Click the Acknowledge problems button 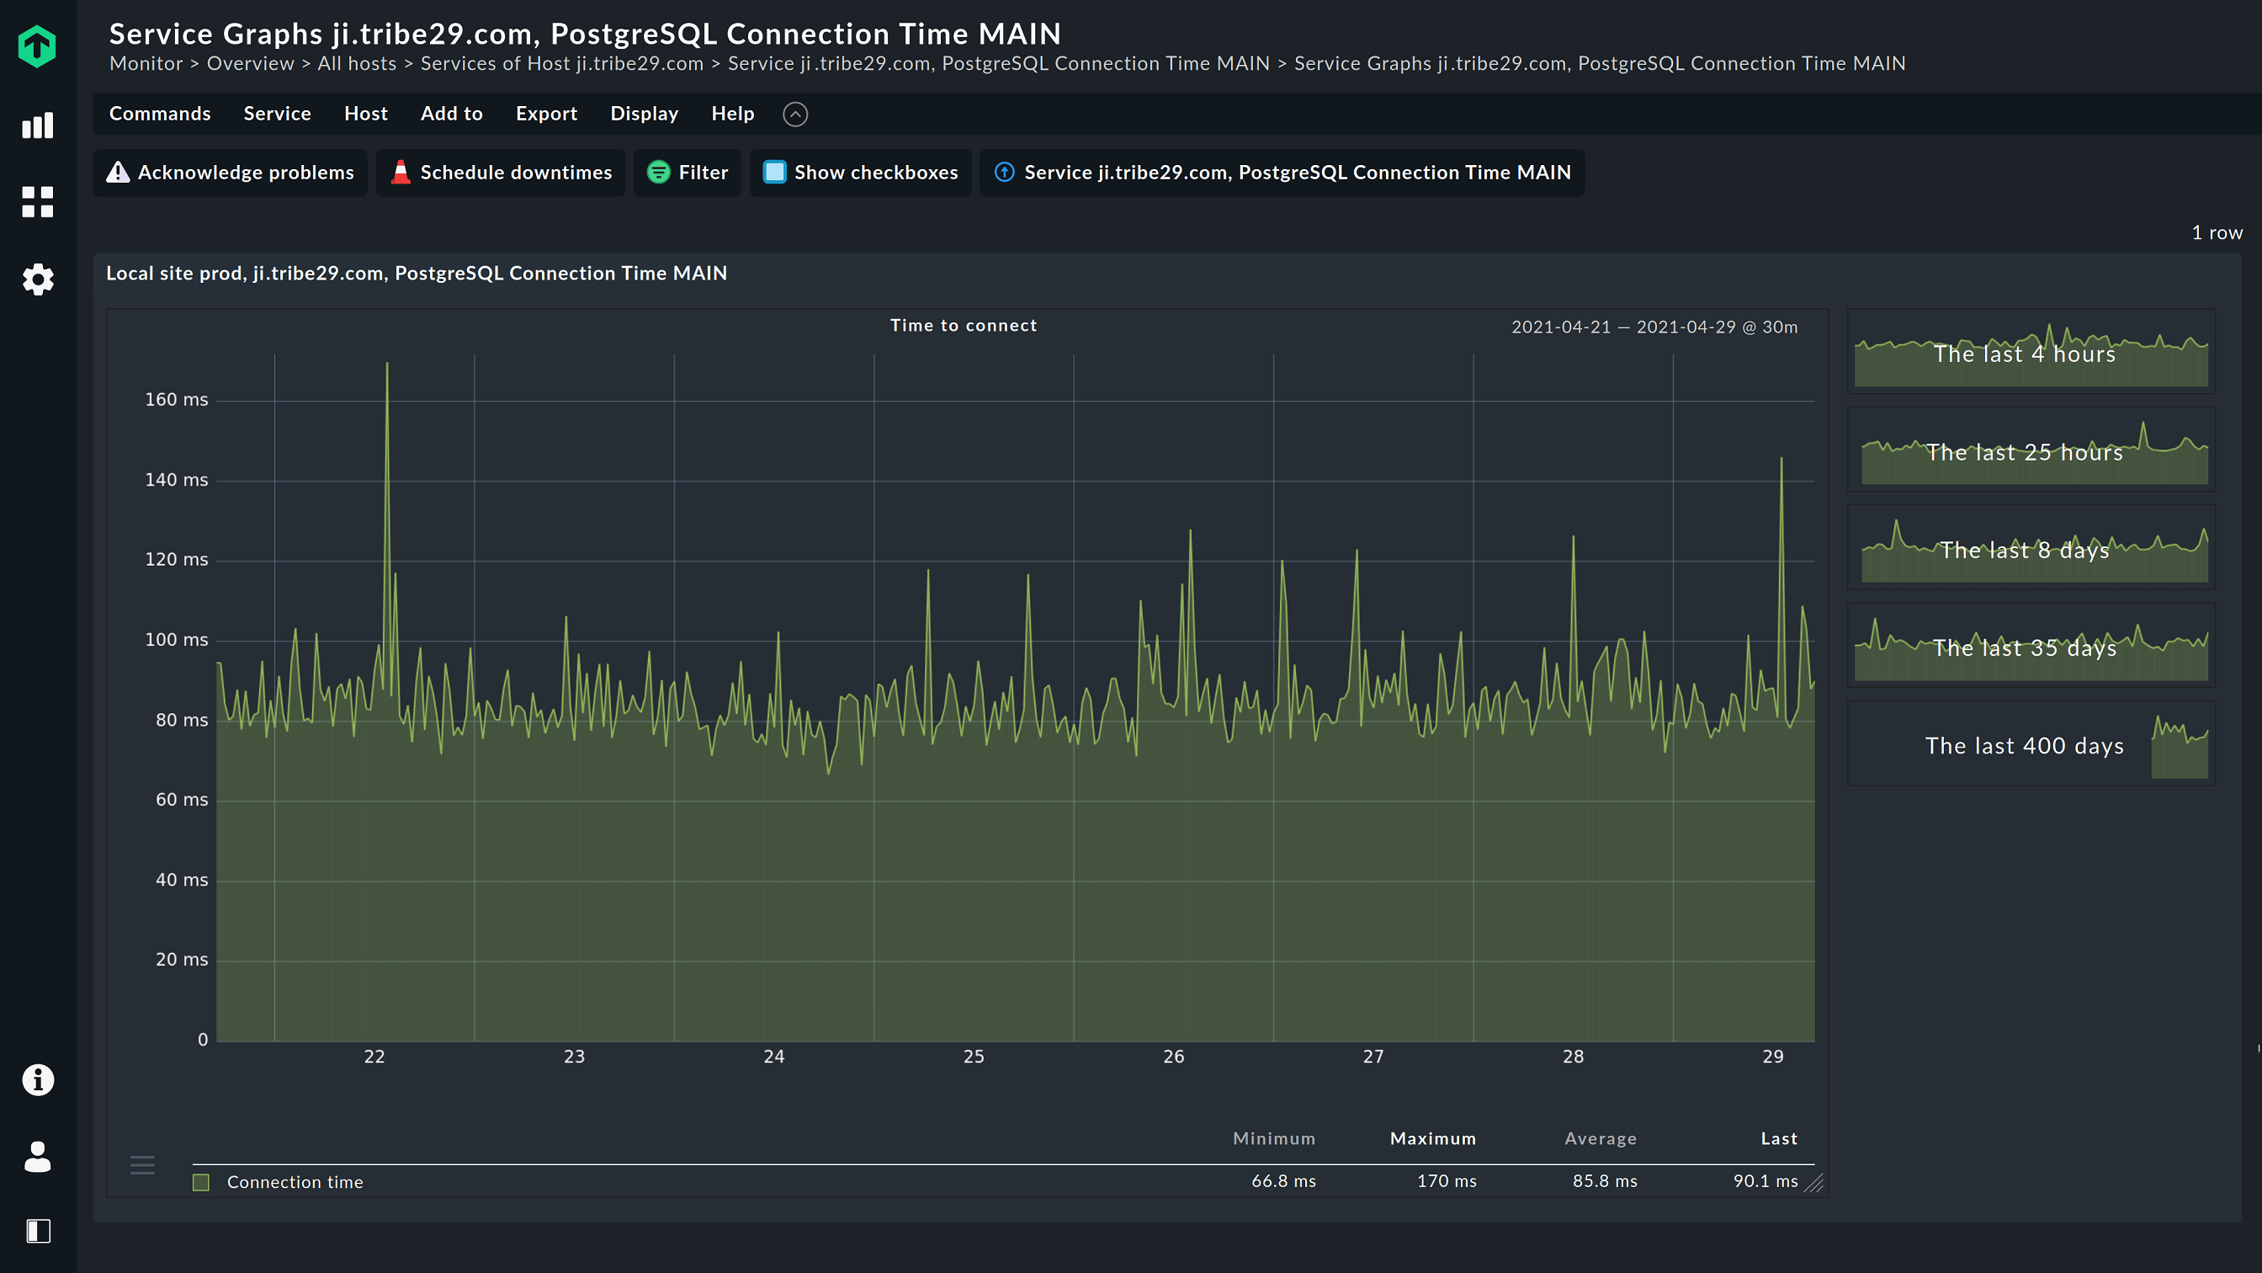point(230,173)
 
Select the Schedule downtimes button point(501,173)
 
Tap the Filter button point(688,173)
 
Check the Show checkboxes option point(861,173)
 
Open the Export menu point(546,115)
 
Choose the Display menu point(644,115)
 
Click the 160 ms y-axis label point(177,400)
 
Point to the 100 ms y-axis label point(177,640)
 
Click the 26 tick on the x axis point(1173,1057)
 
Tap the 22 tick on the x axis point(374,1057)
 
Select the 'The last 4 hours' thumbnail point(2031,352)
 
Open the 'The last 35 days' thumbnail point(2031,647)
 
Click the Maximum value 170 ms point(1447,1181)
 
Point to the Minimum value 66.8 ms point(1283,1181)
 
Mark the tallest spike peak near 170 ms point(387,364)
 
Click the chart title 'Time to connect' point(964,326)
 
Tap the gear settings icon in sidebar point(38,280)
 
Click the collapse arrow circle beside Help point(794,115)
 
